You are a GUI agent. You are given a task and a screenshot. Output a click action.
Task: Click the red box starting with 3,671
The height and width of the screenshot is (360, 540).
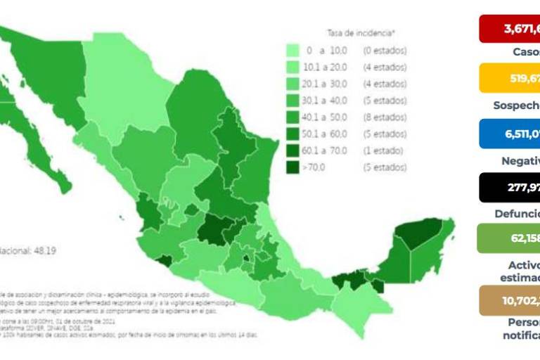[510, 30]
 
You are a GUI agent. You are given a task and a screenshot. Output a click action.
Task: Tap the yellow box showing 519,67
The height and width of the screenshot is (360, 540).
[510, 78]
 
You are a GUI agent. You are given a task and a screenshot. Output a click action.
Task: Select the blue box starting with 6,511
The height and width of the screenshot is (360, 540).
[510, 134]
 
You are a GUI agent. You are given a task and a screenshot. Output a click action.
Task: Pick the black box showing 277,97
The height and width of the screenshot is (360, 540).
[510, 187]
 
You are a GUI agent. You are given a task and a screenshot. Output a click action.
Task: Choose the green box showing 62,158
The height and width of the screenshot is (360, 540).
[508, 238]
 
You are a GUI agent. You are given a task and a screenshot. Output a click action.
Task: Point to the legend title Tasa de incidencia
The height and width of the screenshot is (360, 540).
[361, 33]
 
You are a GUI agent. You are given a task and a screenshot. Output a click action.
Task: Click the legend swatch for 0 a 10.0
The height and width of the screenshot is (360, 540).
[294, 51]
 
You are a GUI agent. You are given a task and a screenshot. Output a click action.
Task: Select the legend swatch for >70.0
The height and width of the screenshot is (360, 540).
[294, 167]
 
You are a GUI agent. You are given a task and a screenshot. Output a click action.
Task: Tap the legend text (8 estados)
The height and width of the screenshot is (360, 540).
[384, 117]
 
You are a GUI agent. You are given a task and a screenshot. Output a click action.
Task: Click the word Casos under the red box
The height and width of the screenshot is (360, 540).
[526, 52]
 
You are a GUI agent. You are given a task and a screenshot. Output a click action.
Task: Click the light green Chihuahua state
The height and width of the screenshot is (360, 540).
[127, 98]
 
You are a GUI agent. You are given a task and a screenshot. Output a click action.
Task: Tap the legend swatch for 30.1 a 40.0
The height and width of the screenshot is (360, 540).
[294, 101]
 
